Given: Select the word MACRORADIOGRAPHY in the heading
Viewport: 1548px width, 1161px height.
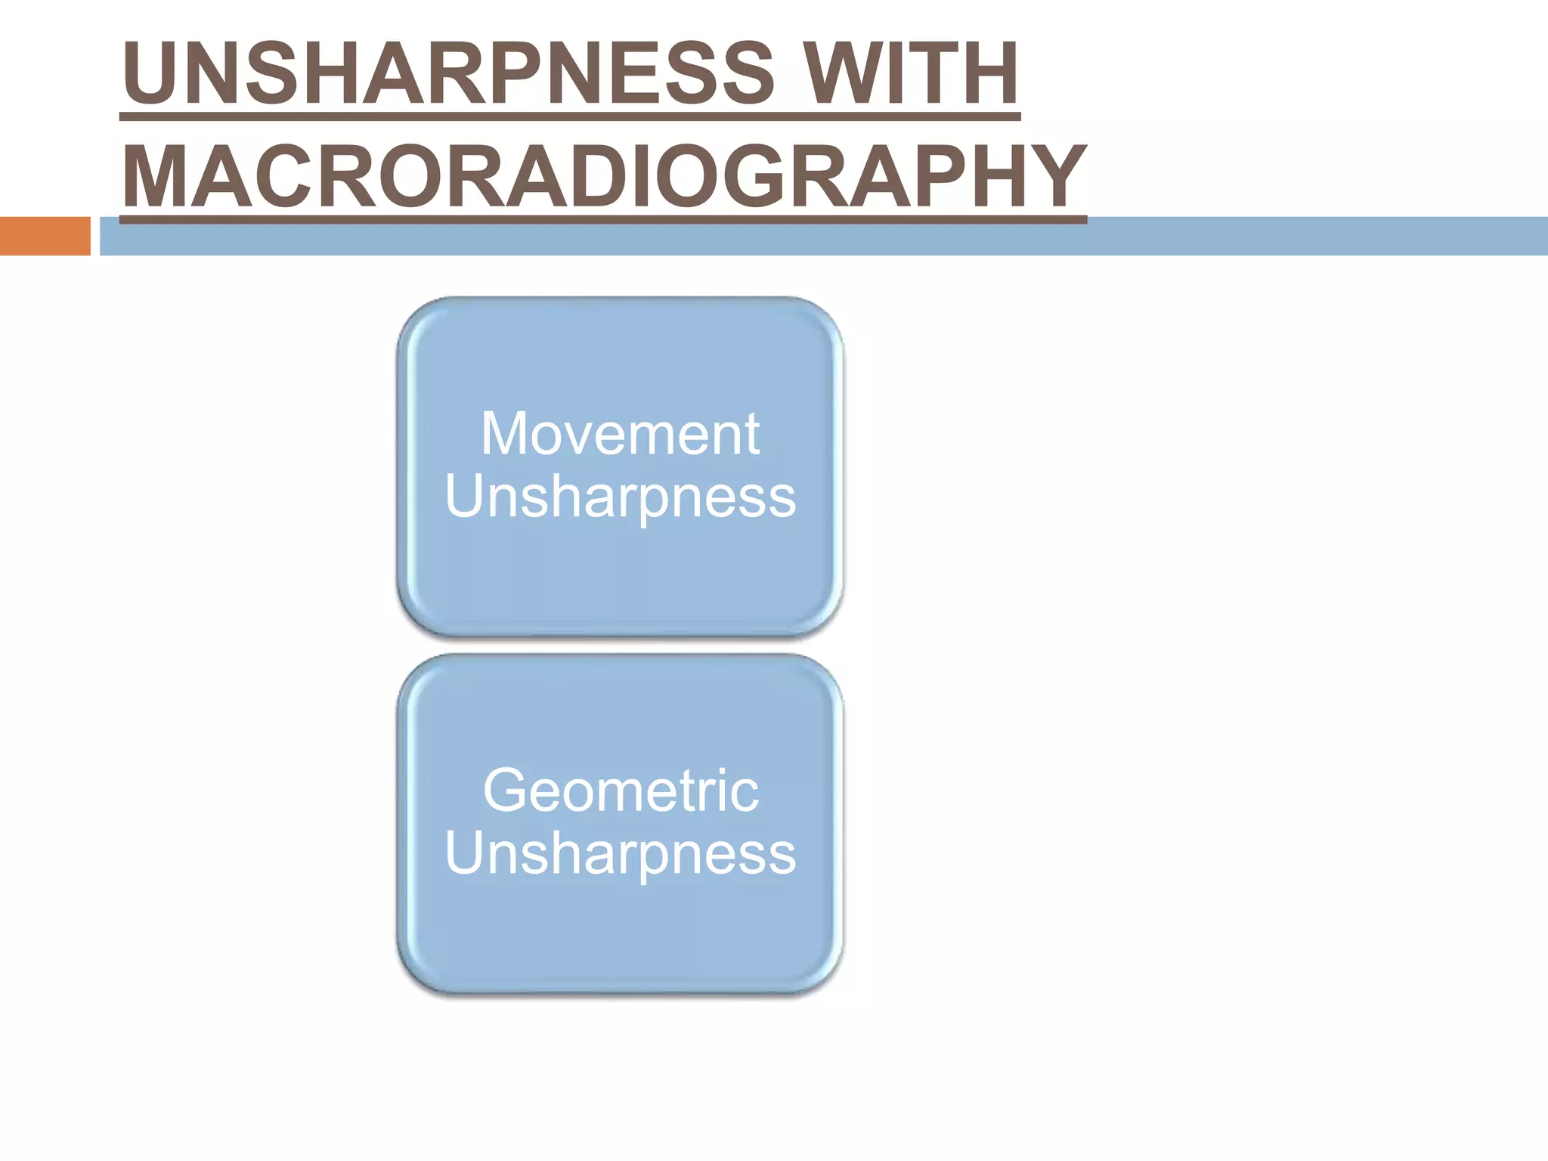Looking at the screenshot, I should pos(603,177).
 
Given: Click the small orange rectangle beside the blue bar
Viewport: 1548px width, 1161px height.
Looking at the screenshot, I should pos(45,236).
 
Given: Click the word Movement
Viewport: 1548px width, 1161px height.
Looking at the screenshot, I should pos(620,434).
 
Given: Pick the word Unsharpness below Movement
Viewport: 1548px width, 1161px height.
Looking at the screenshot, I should pos(620,497).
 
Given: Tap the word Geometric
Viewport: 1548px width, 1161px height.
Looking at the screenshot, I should pos(620,791).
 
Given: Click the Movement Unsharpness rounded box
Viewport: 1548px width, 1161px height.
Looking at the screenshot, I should pos(620,574).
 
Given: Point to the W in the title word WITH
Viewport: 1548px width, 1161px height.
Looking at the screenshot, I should pos(839,73).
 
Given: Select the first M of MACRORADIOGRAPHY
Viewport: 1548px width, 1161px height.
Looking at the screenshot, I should pos(156,177).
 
